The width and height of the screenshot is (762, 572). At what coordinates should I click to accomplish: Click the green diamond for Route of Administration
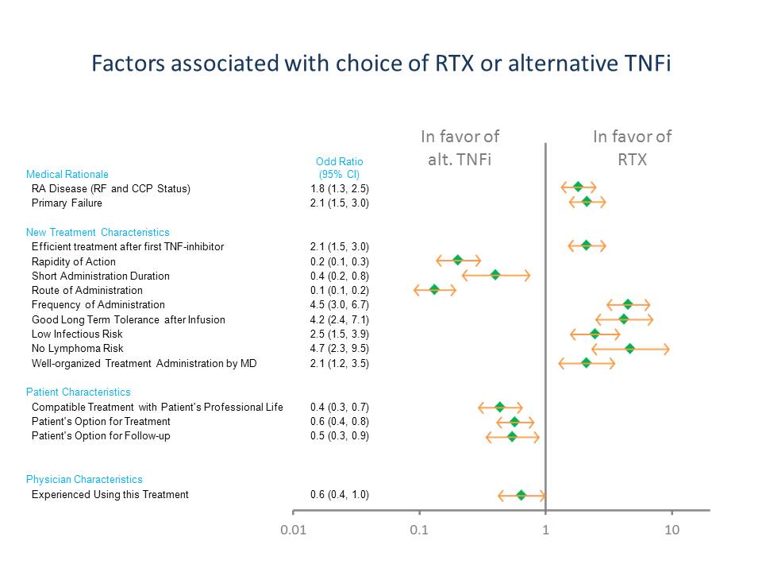(x=434, y=290)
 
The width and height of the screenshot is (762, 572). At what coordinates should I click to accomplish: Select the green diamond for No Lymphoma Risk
(x=630, y=348)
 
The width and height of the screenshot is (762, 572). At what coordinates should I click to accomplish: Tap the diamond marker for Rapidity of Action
(x=458, y=261)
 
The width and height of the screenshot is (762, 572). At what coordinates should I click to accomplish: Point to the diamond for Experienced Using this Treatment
(x=521, y=495)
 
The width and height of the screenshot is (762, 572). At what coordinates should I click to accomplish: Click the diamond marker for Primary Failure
(x=587, y=202)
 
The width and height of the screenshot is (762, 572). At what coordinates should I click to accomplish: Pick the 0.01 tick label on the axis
(x=293, y=530)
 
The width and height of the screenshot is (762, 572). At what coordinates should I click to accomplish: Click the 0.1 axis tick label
(x=419, y=530)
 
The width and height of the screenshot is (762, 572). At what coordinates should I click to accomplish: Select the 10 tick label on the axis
(x=672, y=530)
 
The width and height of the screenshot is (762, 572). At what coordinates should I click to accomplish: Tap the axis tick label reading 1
(x=545, y=530)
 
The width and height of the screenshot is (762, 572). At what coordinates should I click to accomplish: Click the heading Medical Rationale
(x=67, y=174)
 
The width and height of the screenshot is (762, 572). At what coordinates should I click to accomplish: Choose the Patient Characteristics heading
(x=79, y=392)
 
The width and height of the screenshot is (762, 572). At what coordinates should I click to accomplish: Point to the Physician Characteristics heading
(x=84, y=479)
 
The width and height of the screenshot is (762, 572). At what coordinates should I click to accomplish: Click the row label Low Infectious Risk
(x=77, y=334)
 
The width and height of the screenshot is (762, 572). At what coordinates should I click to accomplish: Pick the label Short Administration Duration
(x=100, y=276)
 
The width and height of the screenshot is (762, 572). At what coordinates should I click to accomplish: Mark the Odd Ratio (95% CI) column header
(x=339, y=168)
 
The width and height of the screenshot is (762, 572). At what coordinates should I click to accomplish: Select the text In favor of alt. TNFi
(x=460, y=148)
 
